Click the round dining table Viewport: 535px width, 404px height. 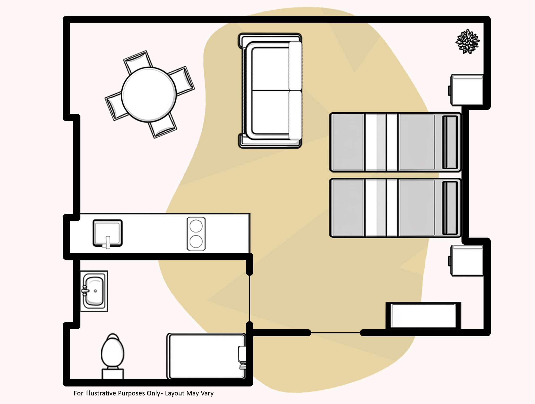click(x=149, y=94)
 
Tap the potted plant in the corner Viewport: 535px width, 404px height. click(x=468, y=42)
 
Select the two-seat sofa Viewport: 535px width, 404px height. click(x=270, y=90)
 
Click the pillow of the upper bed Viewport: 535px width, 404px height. click(x=450, y=142)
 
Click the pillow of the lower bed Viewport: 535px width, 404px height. click(x=450, y=208)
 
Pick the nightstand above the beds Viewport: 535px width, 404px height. click(x=467, y=90)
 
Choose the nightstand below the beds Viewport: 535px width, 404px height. click(x=467, y=261)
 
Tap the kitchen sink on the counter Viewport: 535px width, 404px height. click(x=107, y=233)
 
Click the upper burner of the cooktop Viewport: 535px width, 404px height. click(x=196, y=226)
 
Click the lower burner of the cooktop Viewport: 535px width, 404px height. click(x=196, y=241)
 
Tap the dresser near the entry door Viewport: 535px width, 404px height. click(x=423, y=316)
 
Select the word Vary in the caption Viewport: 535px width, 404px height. click(x=207, y=393)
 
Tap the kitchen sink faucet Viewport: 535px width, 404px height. click(x=107, y=242)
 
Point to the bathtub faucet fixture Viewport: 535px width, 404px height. click(x=242, y=357)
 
